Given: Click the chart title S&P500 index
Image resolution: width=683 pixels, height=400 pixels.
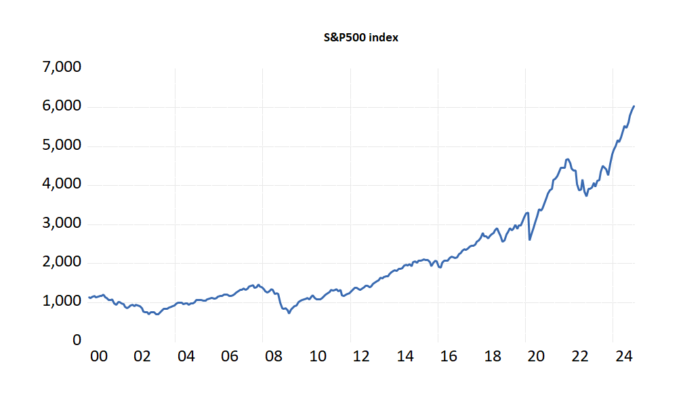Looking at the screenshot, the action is (x=360, y=37).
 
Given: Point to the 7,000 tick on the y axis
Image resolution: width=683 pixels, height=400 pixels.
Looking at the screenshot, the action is (x=62, y=66).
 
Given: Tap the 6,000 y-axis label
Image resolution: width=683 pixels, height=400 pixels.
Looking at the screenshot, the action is (x=62, y=106).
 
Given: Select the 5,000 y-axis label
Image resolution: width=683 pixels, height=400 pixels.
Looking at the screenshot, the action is (x=62, y=144).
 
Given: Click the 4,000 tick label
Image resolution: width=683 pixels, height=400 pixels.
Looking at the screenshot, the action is (x=62, y=184).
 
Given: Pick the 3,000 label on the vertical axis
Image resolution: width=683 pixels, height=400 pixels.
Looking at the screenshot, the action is (x=62, y=222).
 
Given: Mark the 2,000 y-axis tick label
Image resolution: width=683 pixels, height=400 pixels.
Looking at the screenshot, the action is (x=62, y=262).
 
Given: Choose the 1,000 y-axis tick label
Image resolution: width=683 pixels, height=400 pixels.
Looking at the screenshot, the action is (x=62, y=300).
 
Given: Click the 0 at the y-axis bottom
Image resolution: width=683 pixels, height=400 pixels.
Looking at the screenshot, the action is (x=77, y=340).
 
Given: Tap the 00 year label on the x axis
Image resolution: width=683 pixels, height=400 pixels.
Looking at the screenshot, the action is (x=99, y=357).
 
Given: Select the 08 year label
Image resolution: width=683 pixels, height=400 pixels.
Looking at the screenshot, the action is (x=274, y=357).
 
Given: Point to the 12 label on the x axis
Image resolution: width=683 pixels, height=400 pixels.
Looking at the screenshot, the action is (x=361, y=357).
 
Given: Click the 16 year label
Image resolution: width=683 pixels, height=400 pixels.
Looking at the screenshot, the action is (x=449, y=357).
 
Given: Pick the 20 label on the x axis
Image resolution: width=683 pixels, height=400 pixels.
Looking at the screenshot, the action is (x=536, y=357).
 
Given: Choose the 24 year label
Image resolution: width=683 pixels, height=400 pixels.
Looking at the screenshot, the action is (x=624, y=357).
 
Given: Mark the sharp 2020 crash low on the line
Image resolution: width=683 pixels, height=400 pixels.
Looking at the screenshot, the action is (x=530, y=239).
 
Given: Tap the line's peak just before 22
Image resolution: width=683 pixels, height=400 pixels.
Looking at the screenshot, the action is (x=567, y=159).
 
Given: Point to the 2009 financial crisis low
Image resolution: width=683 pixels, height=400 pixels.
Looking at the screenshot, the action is (x=289, y=313).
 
